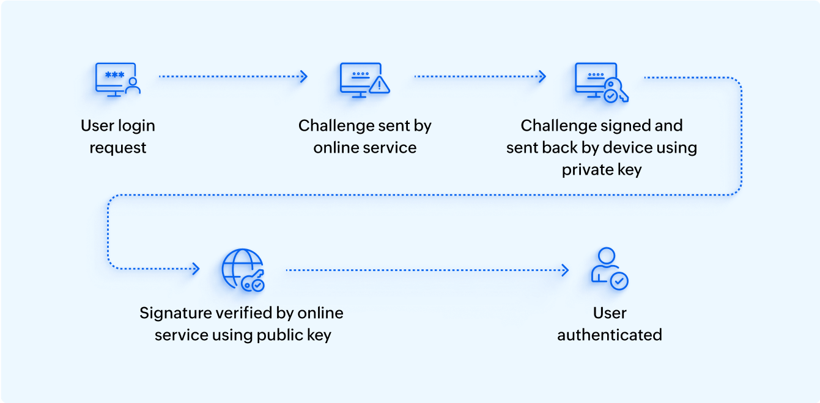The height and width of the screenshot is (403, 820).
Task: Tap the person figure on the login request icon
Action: tap(132, 86)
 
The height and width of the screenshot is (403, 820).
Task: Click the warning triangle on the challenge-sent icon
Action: tap(380, 85)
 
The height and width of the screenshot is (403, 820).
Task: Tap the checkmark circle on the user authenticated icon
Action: tap(619, 281)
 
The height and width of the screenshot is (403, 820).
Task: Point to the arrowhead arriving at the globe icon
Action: tap(196, 269)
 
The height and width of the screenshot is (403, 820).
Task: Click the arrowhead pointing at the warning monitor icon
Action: tap(303, 76)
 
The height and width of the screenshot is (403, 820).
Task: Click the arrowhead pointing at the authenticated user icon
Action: tap(565, 270)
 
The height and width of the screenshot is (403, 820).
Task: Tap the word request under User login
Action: tap(118, 148)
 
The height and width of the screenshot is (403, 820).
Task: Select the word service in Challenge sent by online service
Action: tap(390, 148)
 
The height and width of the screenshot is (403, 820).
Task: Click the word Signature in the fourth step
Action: tap(175, 314)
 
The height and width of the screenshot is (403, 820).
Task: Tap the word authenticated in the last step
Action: tap(610, 335)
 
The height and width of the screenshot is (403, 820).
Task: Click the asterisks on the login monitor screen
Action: tap(114, 75)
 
